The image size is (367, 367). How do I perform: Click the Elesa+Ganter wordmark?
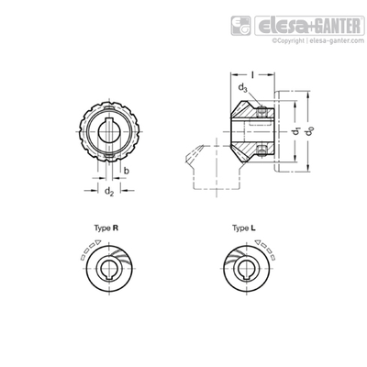309,26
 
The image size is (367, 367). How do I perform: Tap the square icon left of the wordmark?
240,26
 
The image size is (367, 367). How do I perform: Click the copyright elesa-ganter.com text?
318,40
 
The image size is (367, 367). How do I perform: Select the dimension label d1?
295,131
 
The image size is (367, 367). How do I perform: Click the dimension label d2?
109,192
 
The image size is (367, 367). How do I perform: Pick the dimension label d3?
243,88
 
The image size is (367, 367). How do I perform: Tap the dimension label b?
127,171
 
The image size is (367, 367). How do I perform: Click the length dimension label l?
252,74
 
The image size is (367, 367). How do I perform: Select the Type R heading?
106,228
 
